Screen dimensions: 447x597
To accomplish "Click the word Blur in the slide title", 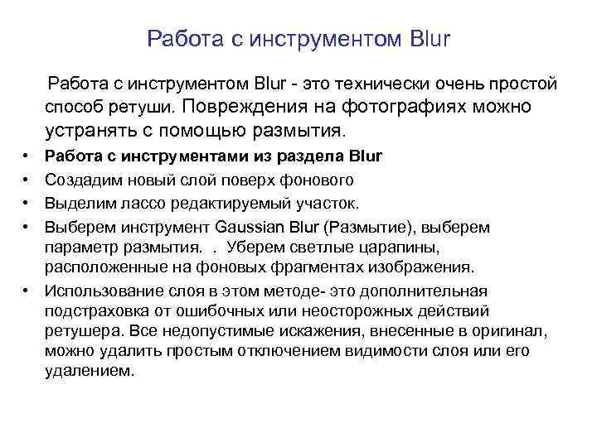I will [430, 39].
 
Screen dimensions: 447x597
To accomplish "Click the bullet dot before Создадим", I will [27, 180].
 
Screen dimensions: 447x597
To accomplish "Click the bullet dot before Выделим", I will [27, 203].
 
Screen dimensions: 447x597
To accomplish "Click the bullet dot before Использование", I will [27, 291].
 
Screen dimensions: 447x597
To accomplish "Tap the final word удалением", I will [87, 372].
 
